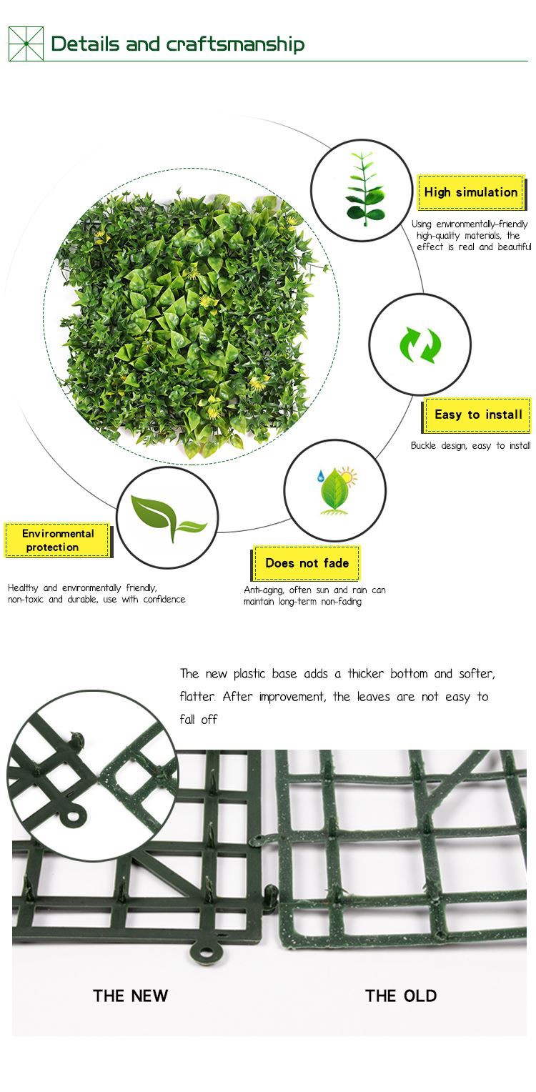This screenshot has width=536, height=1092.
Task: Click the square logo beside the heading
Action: [x=26, y=44]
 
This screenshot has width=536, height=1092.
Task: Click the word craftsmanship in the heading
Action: [x=236, y=44]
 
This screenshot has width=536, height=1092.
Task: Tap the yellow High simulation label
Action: [x=471, y=192]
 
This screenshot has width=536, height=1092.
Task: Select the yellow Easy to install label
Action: [x=477, y=415]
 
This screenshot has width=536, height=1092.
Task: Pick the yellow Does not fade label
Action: [x=307, y=563]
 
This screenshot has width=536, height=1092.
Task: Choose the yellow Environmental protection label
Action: [x=58, y=540]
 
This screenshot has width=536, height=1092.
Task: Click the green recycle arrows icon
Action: [x=420, y=345]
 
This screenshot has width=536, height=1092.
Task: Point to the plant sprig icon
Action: [x=362, y=189]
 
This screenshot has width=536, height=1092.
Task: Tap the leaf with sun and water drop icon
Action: [x=337, y=490]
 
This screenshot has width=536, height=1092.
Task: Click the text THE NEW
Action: [x=130, y=996]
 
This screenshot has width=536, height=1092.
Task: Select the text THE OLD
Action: [x=401, y=996]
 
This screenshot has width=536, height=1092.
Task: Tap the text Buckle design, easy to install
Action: [x=471, y=445]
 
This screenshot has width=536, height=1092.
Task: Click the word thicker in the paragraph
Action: [x=366, y=674]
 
